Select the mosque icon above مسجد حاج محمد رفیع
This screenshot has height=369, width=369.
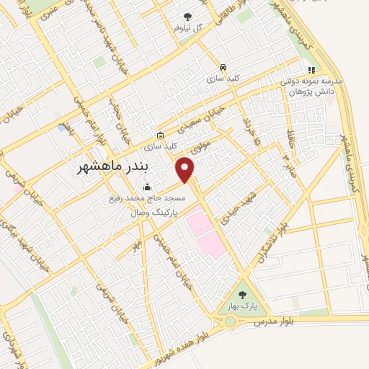coord(148,187)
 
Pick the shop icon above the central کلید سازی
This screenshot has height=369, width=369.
coord(159,135)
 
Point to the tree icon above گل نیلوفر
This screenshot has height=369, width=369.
coord(188,15)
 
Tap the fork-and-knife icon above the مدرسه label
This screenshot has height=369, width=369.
coord(311,70)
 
